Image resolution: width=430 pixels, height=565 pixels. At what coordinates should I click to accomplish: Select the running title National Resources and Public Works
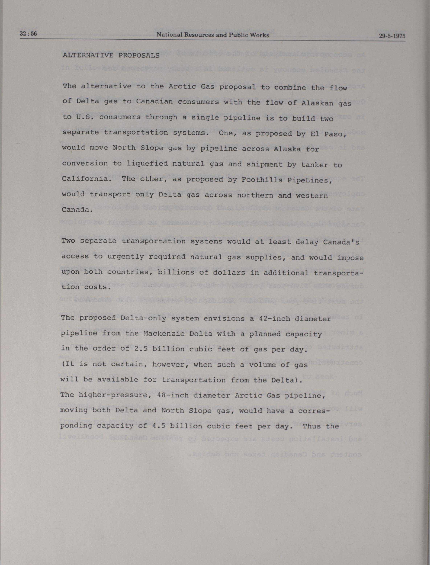(x=213, y=35)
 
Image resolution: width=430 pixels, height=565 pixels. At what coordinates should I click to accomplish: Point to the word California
(x=85, y=179)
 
